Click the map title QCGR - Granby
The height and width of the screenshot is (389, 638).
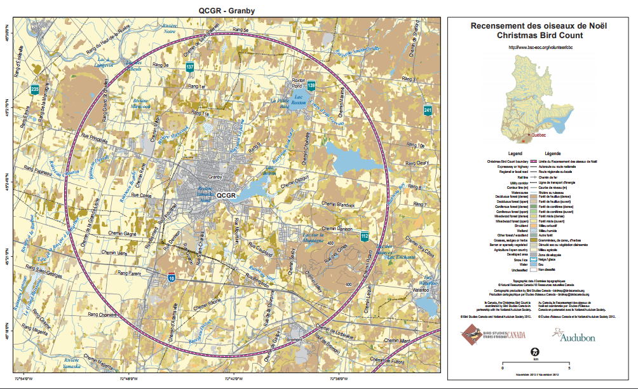click(227, 10)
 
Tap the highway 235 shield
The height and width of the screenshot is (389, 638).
click(34, 90)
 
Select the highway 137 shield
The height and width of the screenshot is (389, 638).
click(190, 67)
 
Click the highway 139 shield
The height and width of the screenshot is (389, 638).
click(311, 85)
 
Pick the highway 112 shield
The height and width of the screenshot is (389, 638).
click(364, 236)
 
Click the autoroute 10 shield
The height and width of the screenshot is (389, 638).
click(172, 277)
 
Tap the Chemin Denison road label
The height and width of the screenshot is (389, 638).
click(337, 229)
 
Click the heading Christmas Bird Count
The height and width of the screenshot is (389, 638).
click(538, 36)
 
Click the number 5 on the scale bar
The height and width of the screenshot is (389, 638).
click(569, 368)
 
